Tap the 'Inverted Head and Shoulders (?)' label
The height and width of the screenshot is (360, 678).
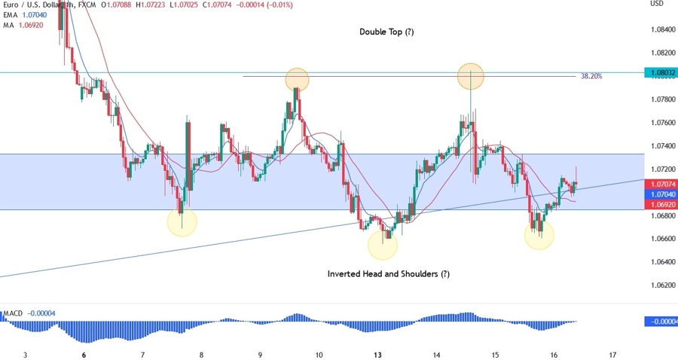pyautogui.click(x=388, y=274)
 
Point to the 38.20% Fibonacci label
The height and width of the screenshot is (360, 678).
pyautogui.click(x=591, y=76)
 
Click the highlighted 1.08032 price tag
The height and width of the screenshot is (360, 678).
pyautogui.click(x=661, y=73)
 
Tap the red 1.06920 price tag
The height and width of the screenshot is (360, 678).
pyautogui.click(x=661, y=203)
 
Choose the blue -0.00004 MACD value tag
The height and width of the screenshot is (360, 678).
pyautogui.click(x=661, y=322)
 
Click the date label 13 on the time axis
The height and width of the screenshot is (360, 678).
pyautogui.click(x=377, y=355)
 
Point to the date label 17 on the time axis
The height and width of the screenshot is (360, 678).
pyautogui.click(x=613, y=355)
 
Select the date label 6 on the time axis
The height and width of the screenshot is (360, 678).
pyautogui.click(x=84, y=355)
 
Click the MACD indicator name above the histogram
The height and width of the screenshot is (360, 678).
pyautogui.click(x=13, y=313)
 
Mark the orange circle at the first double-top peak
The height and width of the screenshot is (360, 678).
pyautogui.click(x=297, y=78)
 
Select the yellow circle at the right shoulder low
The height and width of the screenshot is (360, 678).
pyautogui.click(x=539, y=235)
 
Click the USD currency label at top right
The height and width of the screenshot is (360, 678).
pyautogui.click(x=656, y=4)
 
